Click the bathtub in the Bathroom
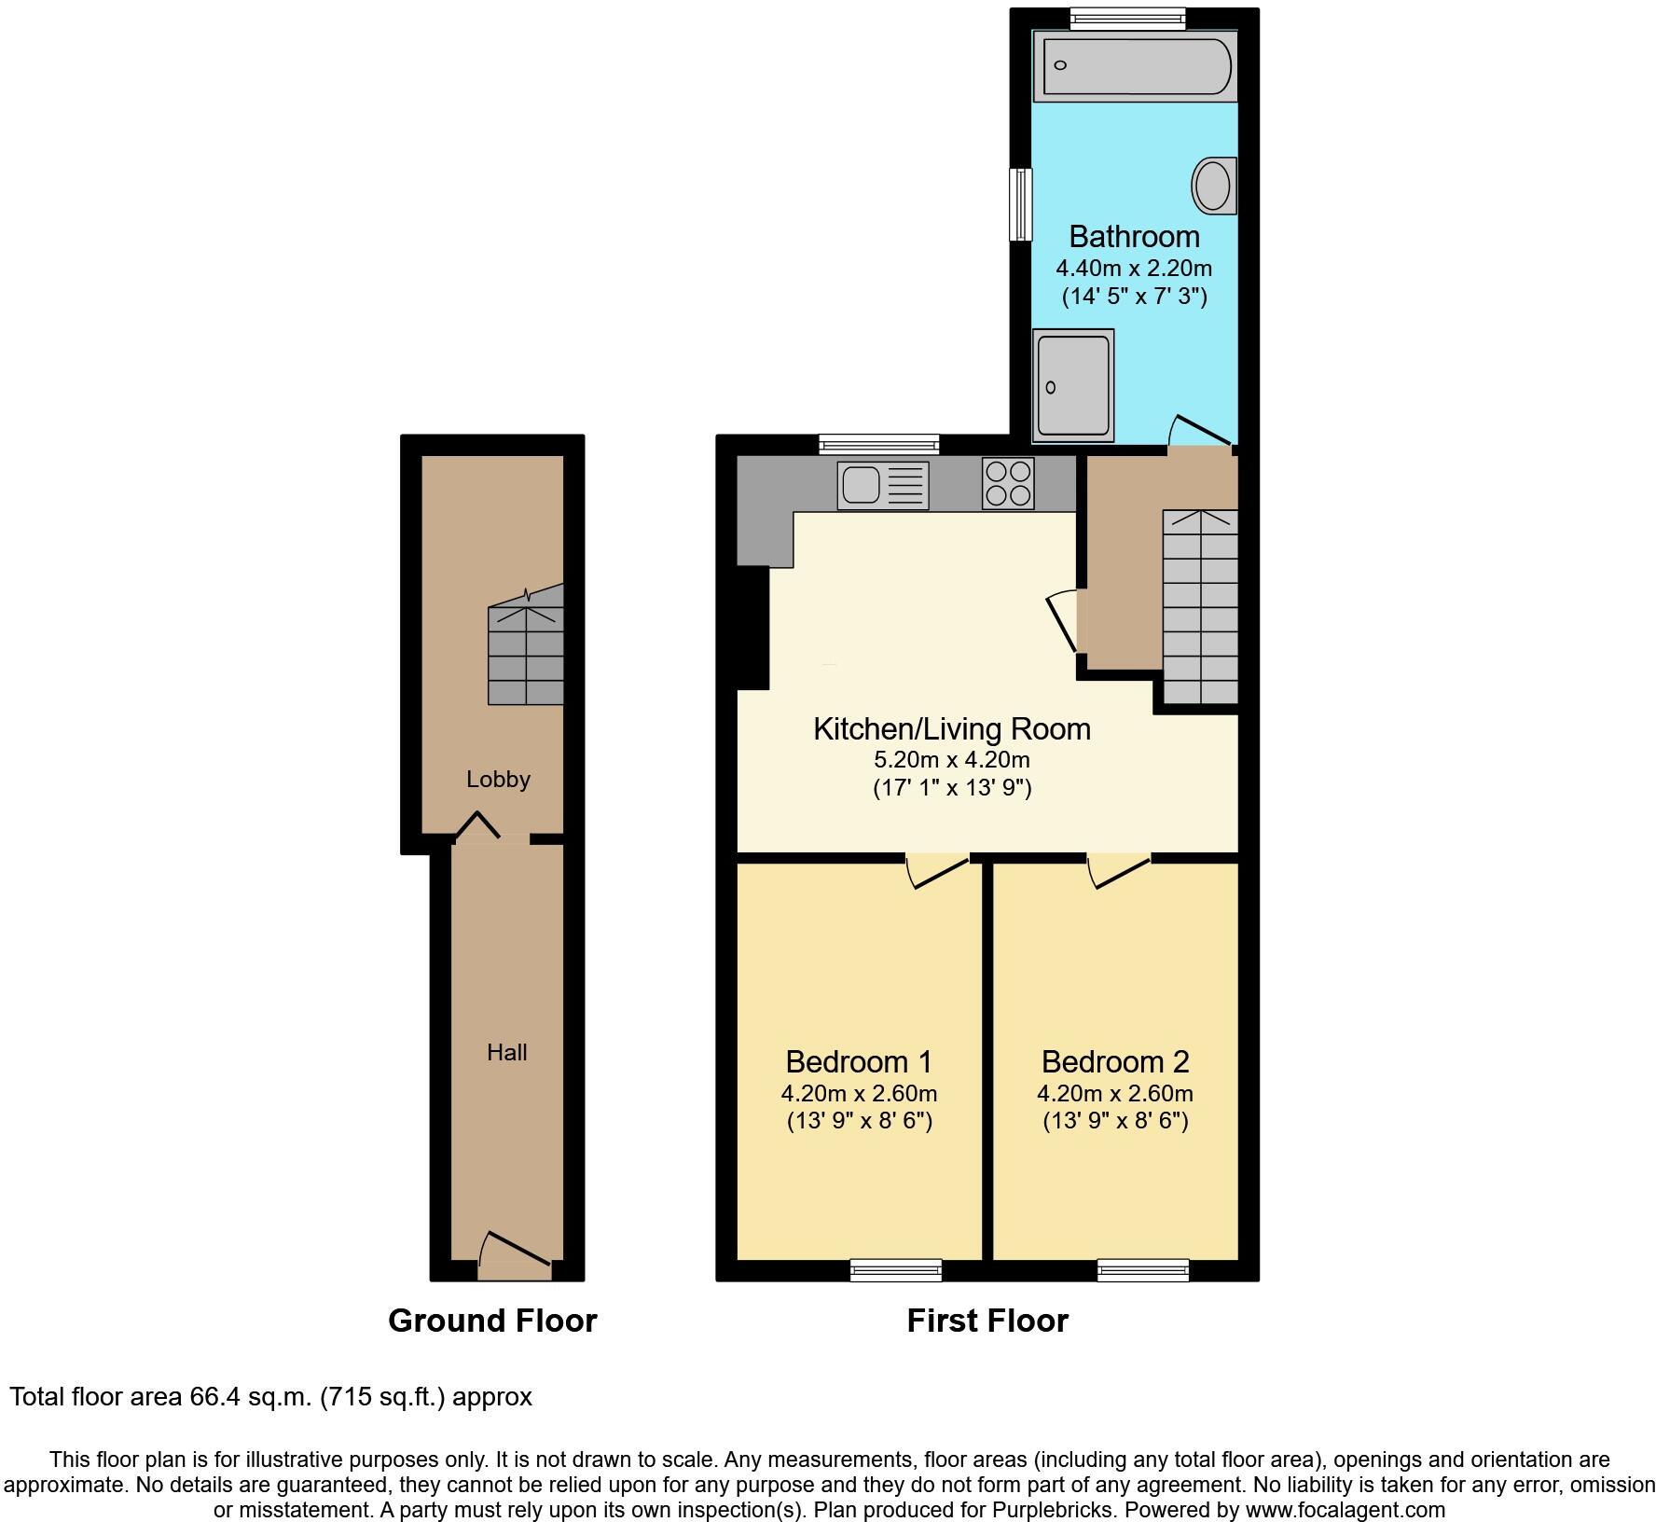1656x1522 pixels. coord(1136,65)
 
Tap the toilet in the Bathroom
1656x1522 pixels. coord(1213,185)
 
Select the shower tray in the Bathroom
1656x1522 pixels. coord(1073,385)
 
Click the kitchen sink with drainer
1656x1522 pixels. coord(883,485)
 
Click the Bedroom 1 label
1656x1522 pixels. coord(859,1061)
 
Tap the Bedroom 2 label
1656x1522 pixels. coord(1115,1061)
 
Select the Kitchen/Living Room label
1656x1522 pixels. coord(952,728)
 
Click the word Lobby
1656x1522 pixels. coord(498,779)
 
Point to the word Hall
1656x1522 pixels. coord(507,1052)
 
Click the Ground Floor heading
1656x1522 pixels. coord(492,1320)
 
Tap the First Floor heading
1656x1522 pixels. coord(987,1320)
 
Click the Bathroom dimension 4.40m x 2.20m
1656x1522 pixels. coord(1134,269)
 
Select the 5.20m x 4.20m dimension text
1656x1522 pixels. coord(952,759)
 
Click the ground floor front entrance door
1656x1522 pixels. coord(514,1258)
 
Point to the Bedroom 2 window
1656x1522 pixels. coord(1143,1269)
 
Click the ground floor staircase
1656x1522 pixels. coord(527,655)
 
